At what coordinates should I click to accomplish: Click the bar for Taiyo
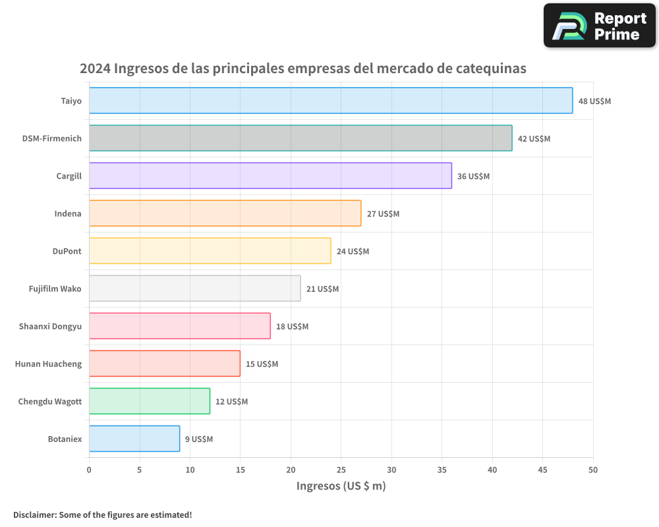pos(331,101)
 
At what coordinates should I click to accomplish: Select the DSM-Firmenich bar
pos(301,138)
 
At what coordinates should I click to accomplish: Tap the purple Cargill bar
pos(270,176)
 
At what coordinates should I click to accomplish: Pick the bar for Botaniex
pos(134,439)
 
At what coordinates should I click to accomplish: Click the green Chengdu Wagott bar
pos(150,401)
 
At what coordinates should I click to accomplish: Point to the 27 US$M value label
pos(383,214)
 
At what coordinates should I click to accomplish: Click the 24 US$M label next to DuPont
pos(353,252)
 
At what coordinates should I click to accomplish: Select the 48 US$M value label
pos(594,101)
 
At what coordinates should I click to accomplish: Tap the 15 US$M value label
pos(262,364)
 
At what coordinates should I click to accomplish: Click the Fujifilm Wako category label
pos(55,289)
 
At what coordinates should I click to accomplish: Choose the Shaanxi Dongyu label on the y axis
pos(51,326)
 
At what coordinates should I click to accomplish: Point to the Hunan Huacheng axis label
pos(49,364)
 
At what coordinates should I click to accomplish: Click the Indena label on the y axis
pos(68,213)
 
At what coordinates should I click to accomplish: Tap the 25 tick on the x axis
pos(341,470)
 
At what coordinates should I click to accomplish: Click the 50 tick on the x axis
pos(593,470)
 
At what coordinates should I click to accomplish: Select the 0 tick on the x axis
pos(89,470)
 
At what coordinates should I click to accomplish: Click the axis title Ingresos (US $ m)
pos(341,486)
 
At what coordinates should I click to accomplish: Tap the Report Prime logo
pos(599,26)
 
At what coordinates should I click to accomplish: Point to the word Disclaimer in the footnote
pos(34,514)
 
